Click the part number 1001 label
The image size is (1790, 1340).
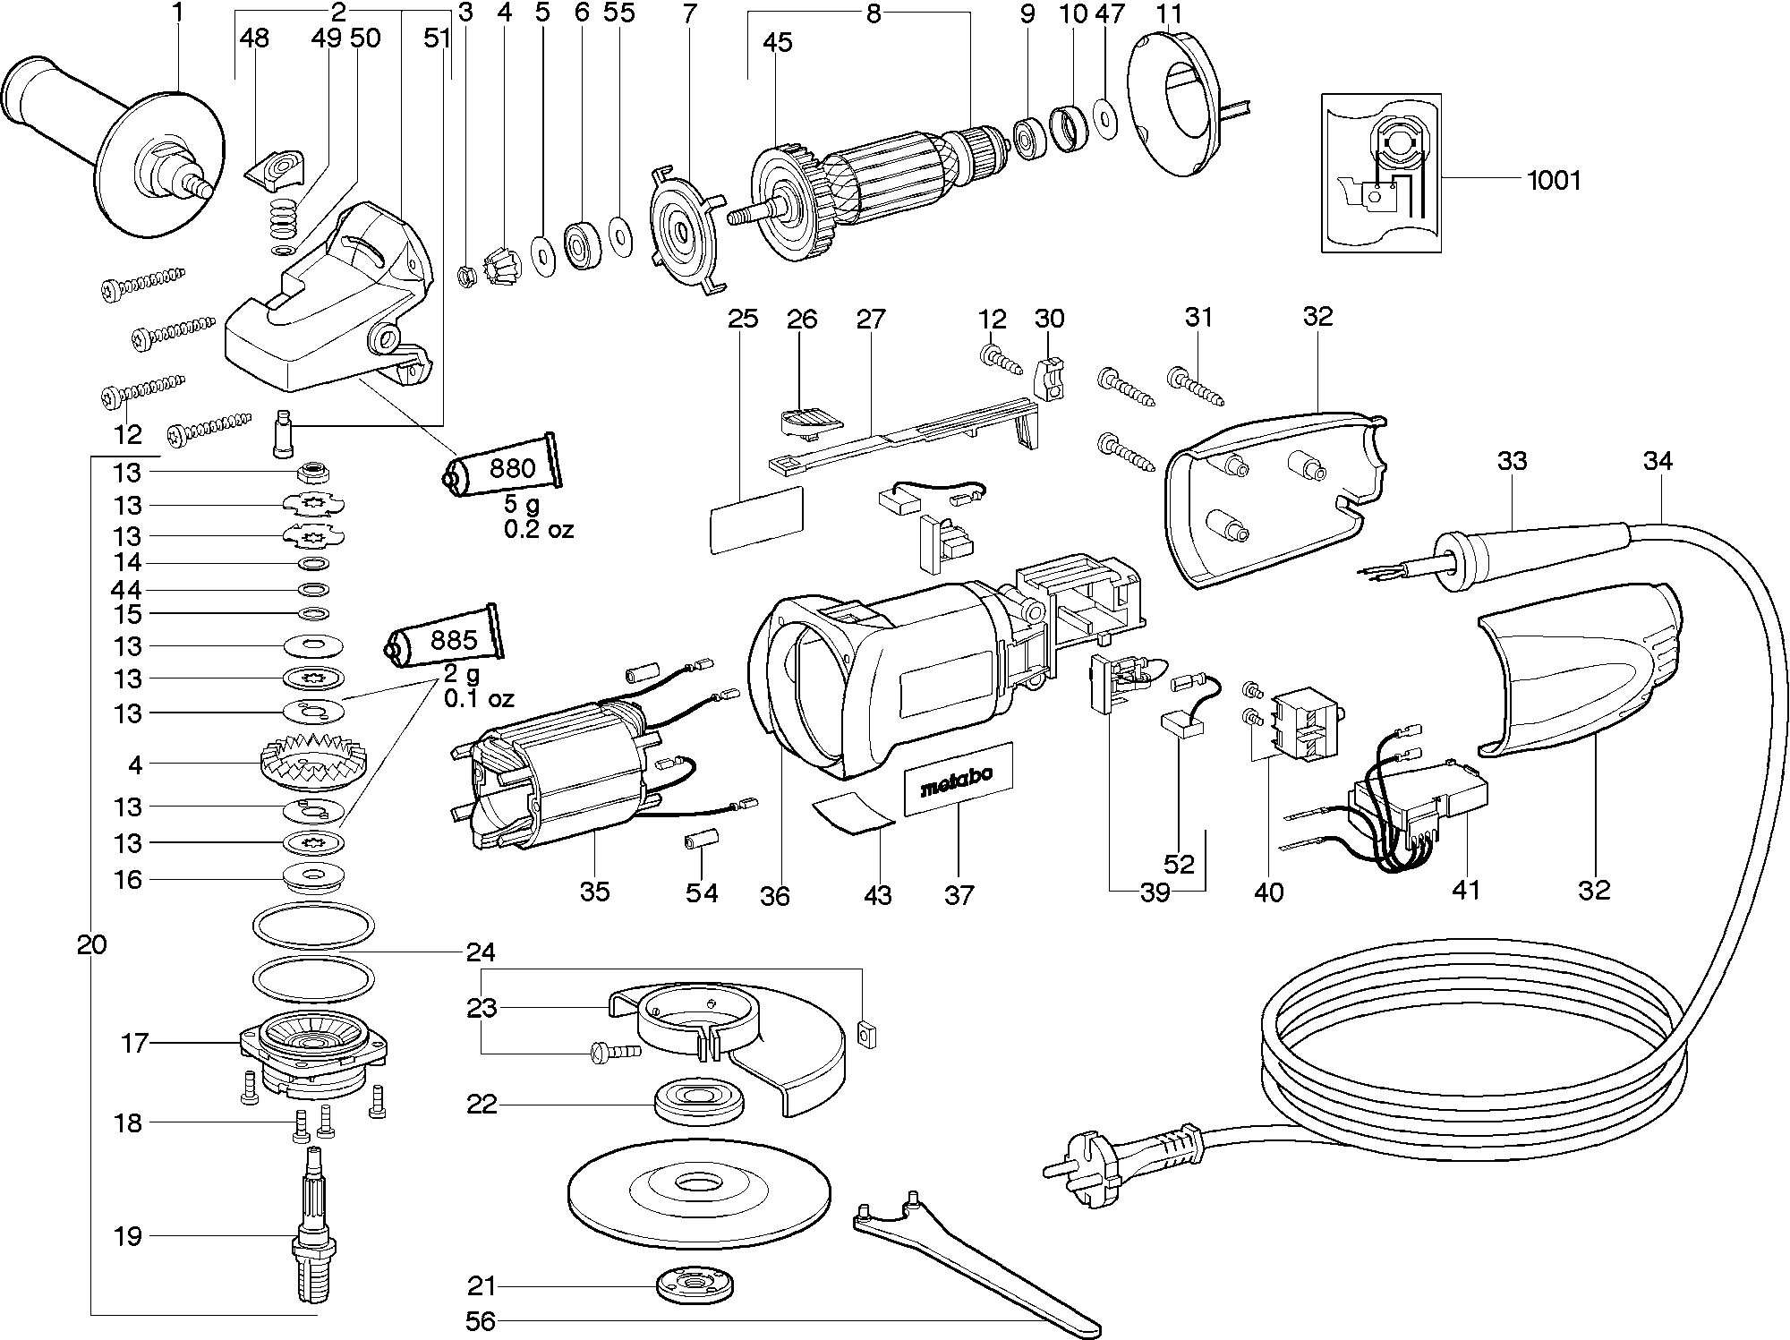point(1554,181)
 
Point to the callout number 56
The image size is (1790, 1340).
point(481,1321)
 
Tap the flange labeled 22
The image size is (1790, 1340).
point(700,1102)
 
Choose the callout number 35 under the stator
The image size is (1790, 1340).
point(594,891)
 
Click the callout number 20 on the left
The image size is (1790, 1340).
point(91,944)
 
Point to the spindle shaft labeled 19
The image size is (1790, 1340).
point(312,1235)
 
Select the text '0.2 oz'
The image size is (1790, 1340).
point(538,529)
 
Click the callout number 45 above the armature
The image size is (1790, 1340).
point(777,42)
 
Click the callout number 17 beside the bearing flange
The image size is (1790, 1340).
point(134,1043)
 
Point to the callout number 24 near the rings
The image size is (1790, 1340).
point(481,951)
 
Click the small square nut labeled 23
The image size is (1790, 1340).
point(865,1034)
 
